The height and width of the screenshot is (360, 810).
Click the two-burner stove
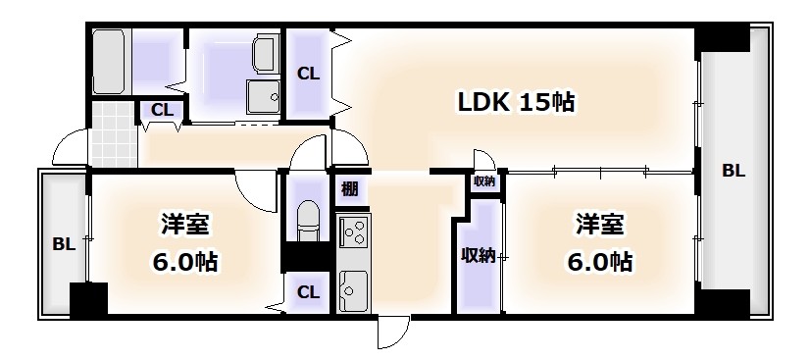tap(353, 233)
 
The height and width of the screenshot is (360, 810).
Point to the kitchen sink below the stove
tap(353, 289)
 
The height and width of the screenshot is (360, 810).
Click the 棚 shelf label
tap(350, 188)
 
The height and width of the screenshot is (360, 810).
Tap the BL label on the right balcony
tap(734, 171)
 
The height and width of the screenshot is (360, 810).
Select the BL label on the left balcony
tap(62, 244)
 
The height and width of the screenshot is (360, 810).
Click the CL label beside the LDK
tap(308, 73)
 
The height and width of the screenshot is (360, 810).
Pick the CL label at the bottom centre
tap(308, 291)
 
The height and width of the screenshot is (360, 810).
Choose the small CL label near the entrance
tap(163, 110)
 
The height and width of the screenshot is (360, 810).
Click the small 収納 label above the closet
tap(484, 181)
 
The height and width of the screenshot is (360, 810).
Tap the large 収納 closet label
tap(478, 255)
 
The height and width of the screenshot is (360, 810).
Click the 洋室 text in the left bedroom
tap(184, 226)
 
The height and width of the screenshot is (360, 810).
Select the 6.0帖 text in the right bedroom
tap(598, 262)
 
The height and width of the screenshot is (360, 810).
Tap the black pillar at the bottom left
tap(88, 298)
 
